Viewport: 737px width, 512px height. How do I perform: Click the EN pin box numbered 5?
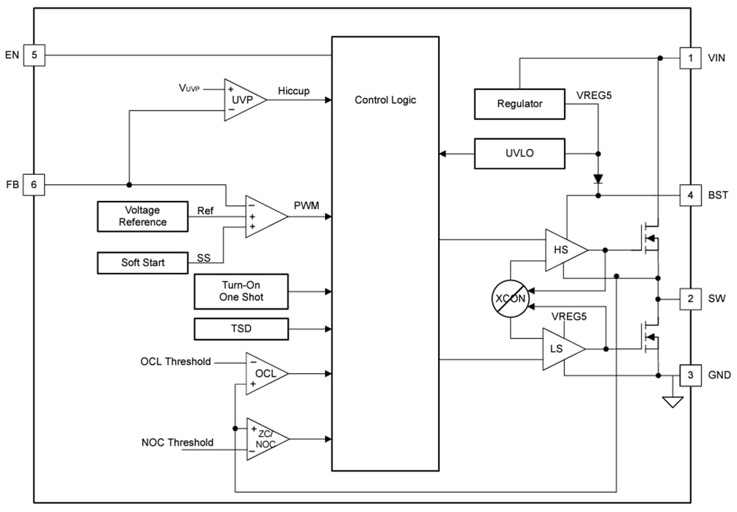(34, 55)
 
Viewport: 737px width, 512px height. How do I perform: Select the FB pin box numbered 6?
(34, 184)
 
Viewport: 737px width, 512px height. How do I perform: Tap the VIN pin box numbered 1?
(690, 58)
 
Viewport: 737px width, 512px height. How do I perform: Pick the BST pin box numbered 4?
(690, 196)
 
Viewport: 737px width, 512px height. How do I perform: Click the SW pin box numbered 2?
(690, 298)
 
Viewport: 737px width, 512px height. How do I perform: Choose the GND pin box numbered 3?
(690, 375)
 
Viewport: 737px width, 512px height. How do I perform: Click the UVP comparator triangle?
(241, 99)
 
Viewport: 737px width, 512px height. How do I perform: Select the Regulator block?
(519, 104)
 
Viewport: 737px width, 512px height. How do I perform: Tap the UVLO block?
(519, 153)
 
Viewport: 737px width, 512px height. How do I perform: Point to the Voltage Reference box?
(142, 216)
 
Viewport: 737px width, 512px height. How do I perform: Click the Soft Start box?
(142, 263)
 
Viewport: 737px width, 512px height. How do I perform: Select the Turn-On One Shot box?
(241, 291)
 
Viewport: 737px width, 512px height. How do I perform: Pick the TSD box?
(241, 329)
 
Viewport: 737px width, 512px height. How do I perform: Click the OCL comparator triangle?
(263, 373)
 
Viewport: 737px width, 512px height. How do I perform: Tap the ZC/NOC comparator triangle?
(264, 439)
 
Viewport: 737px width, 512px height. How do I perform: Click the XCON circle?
(510, 299)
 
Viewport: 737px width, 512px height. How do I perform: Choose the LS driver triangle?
(559, 349)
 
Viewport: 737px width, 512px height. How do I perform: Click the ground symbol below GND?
(672, 401)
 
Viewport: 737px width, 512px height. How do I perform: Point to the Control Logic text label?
(385, 100)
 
